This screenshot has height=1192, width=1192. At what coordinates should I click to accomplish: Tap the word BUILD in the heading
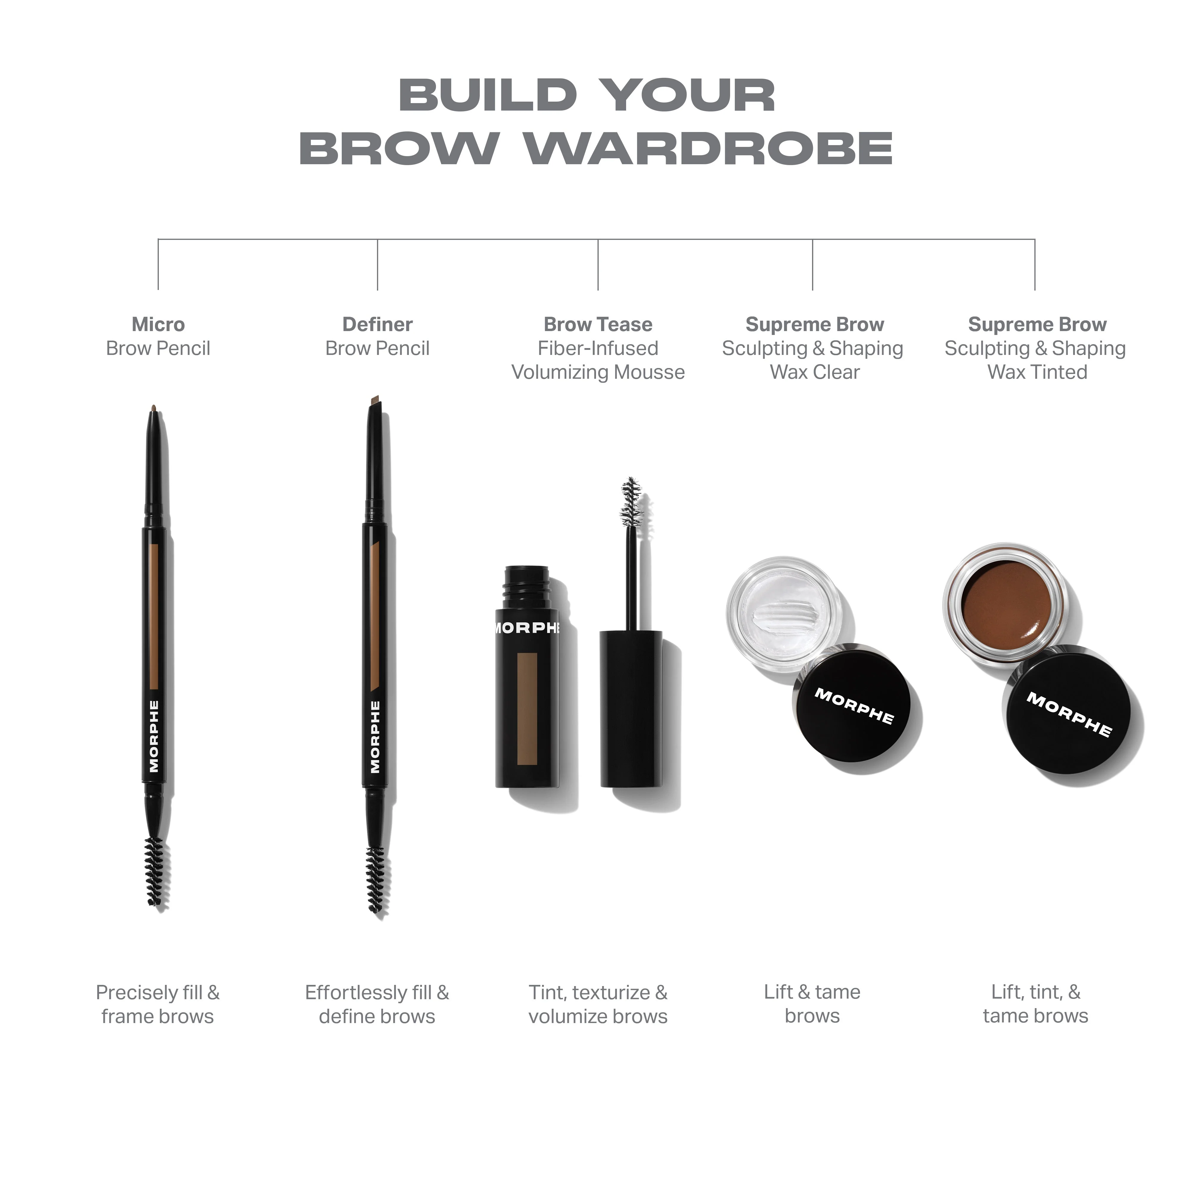[x=488, y=96]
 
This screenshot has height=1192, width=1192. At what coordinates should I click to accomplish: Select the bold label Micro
[x=158, y=325]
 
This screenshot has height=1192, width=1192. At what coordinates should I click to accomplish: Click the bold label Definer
[x=378, y=325]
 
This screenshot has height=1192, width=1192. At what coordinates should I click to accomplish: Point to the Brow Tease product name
[x=598, y=325]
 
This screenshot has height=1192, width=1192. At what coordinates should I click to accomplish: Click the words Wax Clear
[x=814, y=372]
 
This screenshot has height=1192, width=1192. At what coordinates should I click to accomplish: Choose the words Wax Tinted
[x=1037, y=372]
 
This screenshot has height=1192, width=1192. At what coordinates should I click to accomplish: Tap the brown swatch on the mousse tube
[x=527, y=708]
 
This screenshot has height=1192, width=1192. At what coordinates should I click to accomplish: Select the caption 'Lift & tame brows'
[x=812, y=1004]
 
